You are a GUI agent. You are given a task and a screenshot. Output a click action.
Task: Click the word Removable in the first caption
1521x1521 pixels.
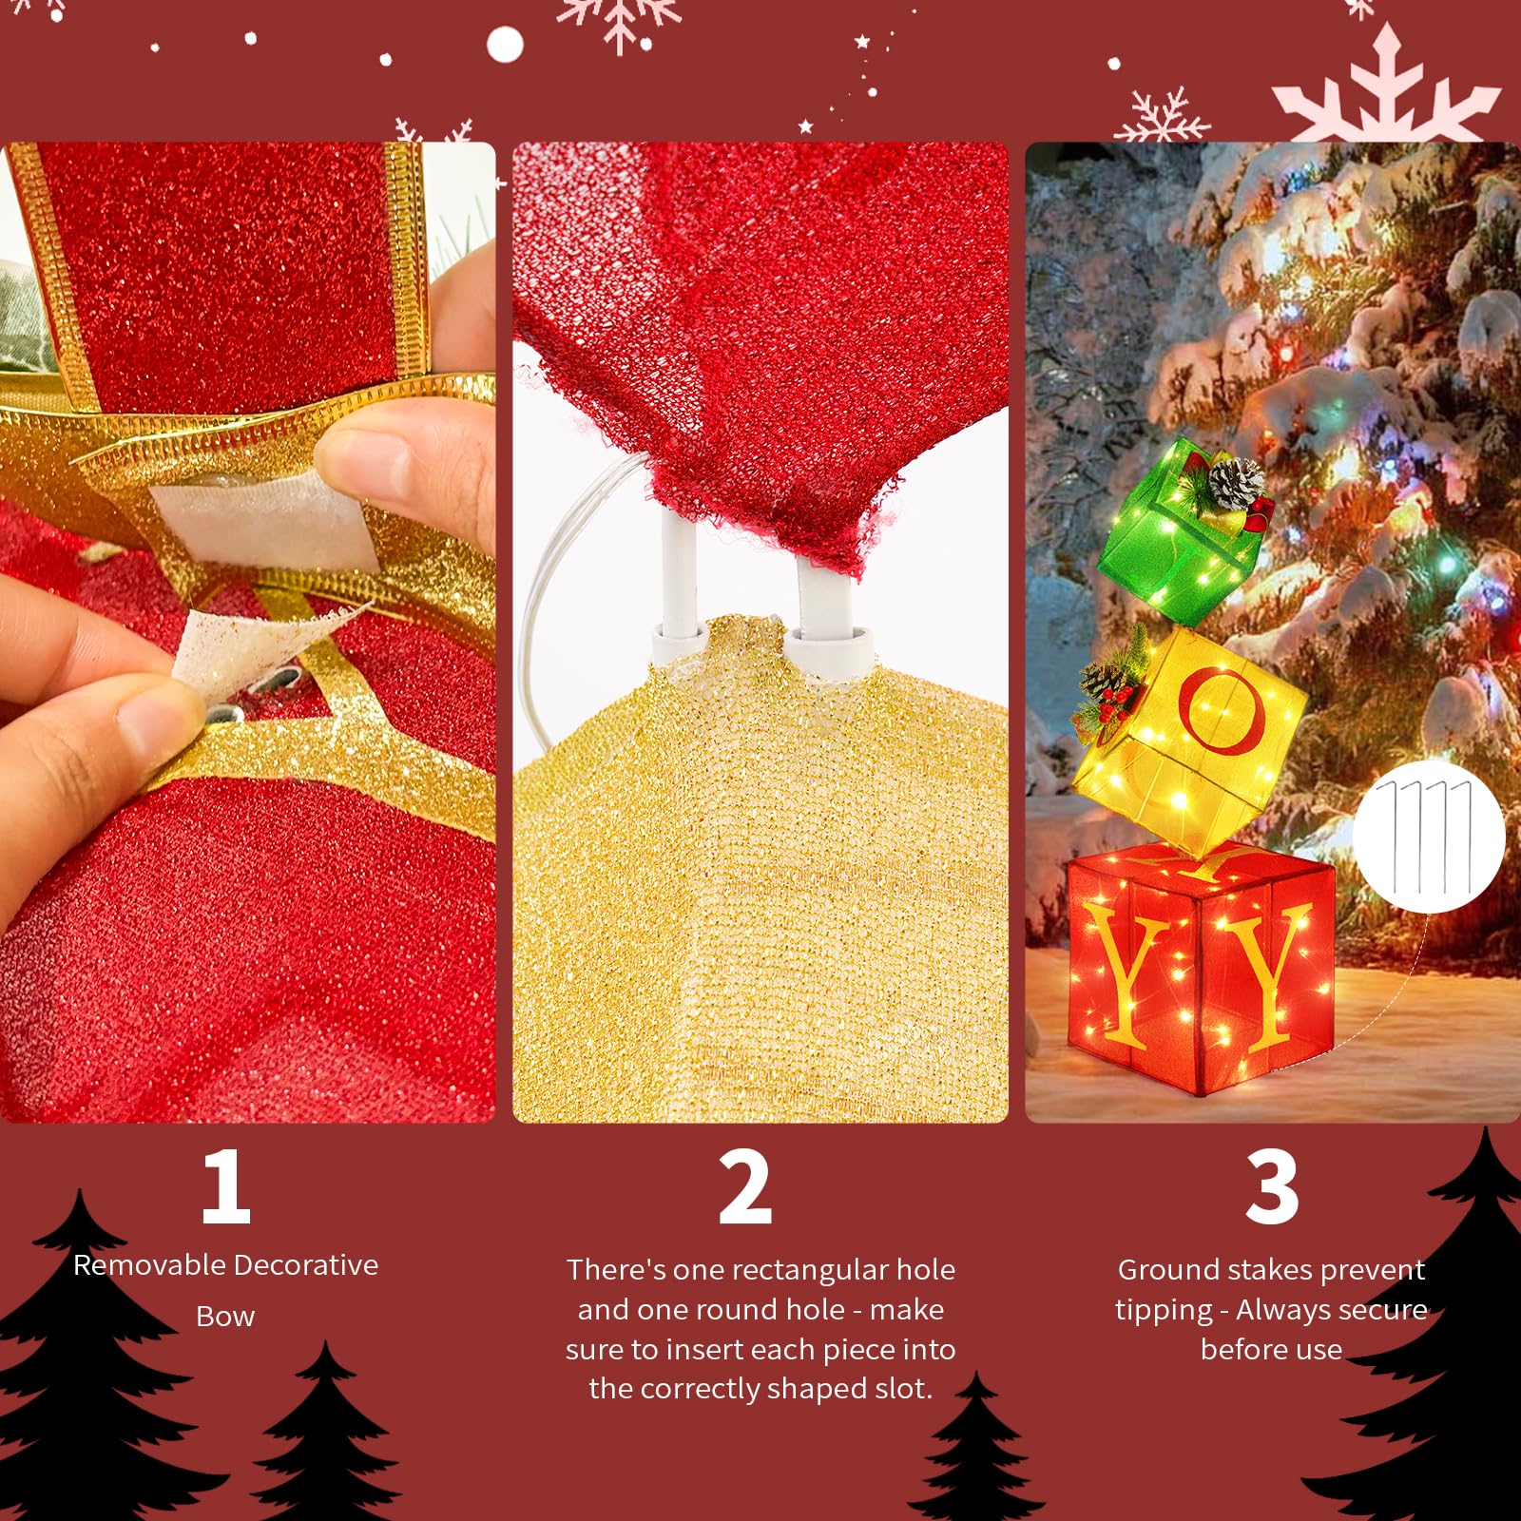click(x=149, y=1265)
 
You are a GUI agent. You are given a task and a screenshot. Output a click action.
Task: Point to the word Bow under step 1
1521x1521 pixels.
click(x=225, y=1317)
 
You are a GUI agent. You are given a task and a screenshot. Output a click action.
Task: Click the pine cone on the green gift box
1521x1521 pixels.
click(x=1238, y=483)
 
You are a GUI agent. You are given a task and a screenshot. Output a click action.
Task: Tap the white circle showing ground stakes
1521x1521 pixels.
click(x=1429, y=837)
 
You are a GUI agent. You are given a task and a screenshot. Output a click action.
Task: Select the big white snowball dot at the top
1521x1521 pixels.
click(x=505, y=44)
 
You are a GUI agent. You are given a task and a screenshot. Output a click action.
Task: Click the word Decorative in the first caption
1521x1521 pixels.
click(x=307, y=1265)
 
